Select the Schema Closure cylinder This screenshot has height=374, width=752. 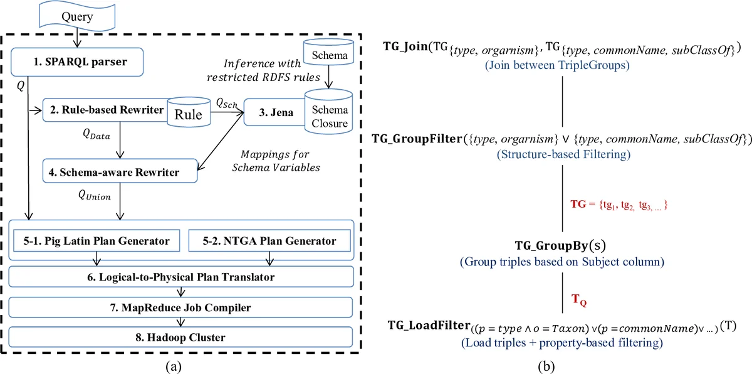coord(326,114)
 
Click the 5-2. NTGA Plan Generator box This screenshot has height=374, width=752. coord(269,241)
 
